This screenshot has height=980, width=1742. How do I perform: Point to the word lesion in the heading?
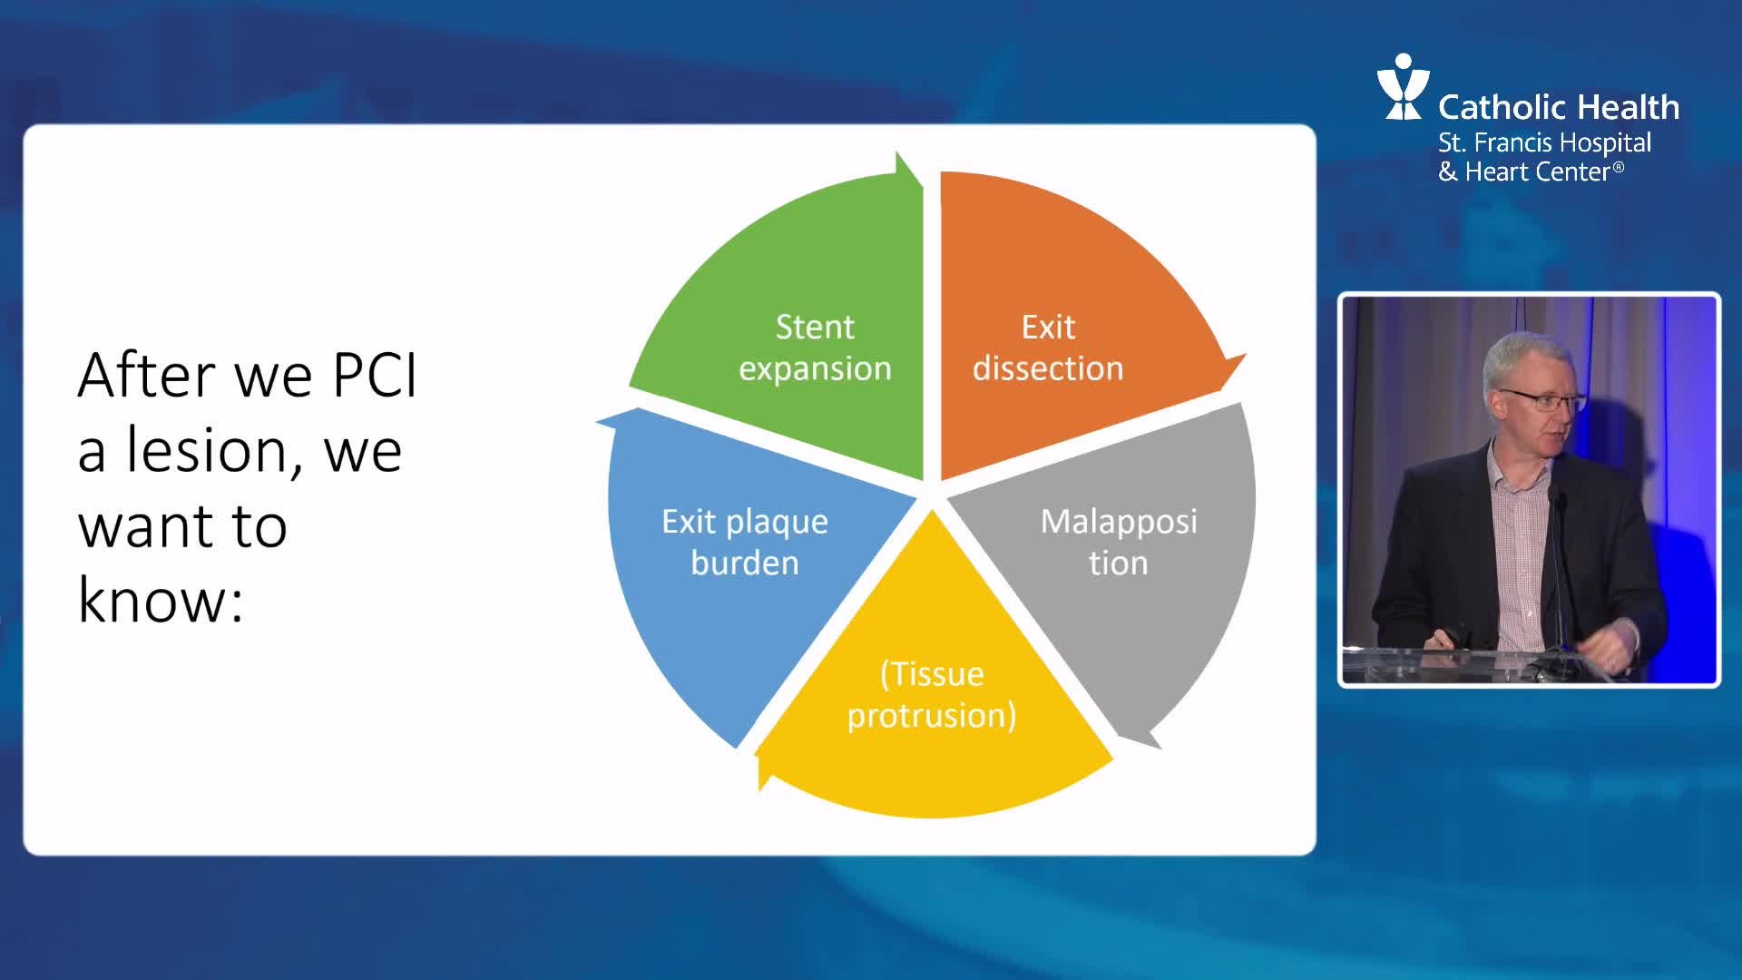click(212, 450)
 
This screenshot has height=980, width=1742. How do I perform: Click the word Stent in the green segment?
click(815, 327)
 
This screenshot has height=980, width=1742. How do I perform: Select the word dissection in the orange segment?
click(1048, 368)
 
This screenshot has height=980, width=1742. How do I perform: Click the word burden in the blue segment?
click(745, 563)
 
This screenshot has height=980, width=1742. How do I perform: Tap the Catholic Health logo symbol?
click(1403, 86)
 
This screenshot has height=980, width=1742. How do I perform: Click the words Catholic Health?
click(1559, 107)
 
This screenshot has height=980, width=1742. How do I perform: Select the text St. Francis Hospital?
click(1544, 143)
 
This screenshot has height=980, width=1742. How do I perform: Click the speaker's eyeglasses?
click(1540, 399)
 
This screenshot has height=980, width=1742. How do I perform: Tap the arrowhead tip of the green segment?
click(897, 152)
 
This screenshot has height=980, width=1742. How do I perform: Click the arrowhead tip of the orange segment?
click(1245, 355)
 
